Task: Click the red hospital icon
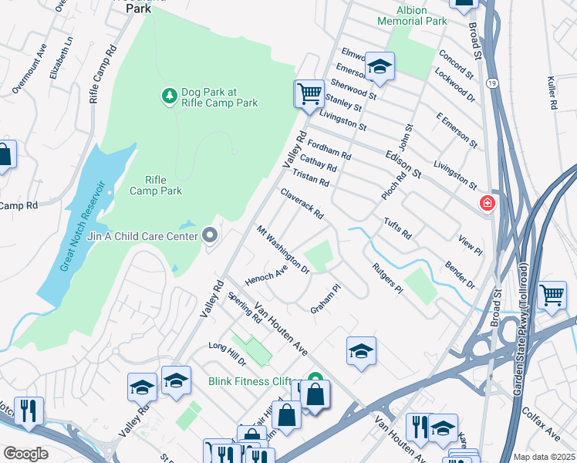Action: (x=487, y=204)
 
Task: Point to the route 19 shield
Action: (x=491, y=82)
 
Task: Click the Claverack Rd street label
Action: (x=302, y=203)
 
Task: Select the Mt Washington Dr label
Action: (x=283, y=250)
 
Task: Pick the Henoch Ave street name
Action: (x=266, y=271)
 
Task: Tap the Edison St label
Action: (x=403, y=164)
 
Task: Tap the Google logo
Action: (x=25, y=453)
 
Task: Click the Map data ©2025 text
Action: (x=543, y=457)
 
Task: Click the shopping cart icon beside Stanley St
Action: (x=309, y=94)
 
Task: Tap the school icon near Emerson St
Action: (x=380, y=68)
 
